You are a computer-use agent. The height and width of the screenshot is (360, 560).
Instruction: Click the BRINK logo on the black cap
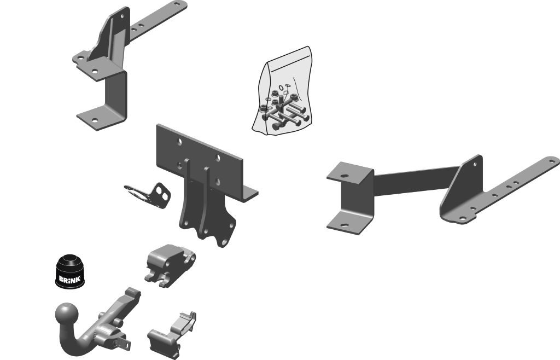69,279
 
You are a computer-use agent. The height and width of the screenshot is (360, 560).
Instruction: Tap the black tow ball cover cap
70,271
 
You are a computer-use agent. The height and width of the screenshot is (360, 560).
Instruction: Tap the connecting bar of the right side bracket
415,181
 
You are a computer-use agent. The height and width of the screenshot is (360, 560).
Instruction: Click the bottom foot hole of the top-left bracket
95,120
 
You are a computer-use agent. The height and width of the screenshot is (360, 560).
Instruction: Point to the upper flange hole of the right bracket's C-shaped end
344,176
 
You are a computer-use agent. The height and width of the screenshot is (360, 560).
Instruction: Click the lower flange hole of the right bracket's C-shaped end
344,225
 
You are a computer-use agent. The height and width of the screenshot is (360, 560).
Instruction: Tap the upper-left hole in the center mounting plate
179,142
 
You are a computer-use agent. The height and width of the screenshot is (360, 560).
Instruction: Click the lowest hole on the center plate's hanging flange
224,242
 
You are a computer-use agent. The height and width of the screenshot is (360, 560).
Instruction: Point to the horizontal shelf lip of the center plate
249,193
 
